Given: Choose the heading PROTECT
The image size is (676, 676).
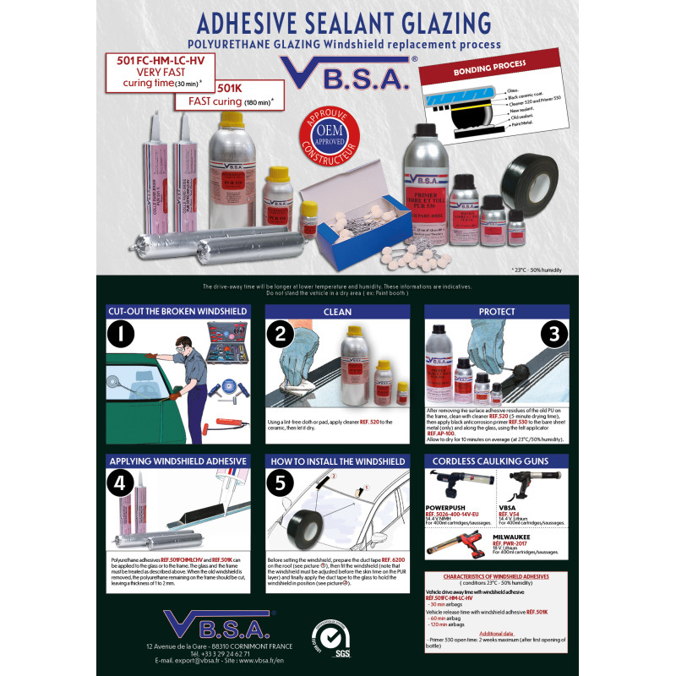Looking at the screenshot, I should point(496,311).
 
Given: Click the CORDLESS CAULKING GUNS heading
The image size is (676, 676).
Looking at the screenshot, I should point(496,461).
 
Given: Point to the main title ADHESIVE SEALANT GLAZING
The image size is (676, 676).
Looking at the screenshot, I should point(337,21).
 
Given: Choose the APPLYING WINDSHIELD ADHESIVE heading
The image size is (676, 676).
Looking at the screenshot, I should point(178,461).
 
